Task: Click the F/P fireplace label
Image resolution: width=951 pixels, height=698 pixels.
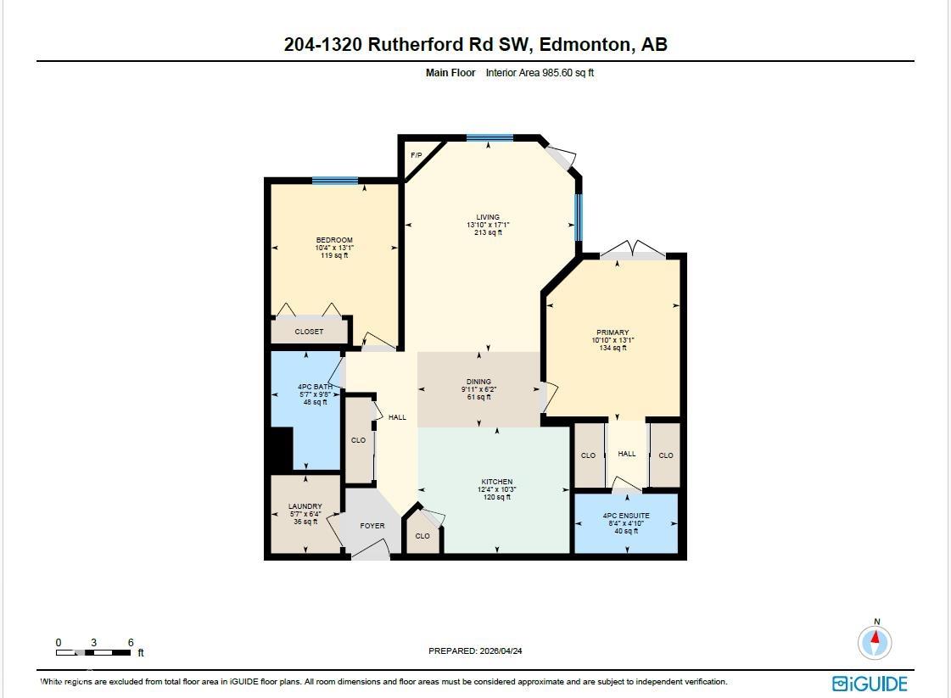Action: pos(417,155)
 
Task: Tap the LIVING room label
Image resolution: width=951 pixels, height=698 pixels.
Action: pos(488,217)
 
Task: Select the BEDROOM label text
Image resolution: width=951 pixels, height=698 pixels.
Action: pos(334,240)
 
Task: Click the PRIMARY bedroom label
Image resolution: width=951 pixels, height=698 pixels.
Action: pos(613,332)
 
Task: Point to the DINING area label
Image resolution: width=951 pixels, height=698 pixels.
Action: pos(478,382)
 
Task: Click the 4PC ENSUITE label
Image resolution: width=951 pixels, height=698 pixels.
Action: pos(626,516)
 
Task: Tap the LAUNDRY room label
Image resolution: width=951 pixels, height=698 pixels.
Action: pos(305,506)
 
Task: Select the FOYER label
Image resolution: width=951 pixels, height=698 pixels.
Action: pos(372,526)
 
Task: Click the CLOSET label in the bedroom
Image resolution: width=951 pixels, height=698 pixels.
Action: pos(309,332)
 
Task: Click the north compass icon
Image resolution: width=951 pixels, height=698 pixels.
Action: pos(875,642)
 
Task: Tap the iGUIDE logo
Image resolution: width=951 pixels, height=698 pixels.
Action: pos(870,684)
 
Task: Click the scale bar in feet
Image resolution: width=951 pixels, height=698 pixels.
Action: pos(94,652)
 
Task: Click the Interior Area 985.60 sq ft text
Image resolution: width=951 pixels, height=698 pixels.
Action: pos(540,73)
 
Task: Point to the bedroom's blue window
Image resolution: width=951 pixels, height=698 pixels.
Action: pos(334,180)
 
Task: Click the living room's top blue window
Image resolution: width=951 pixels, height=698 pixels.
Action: pos(489,137)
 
